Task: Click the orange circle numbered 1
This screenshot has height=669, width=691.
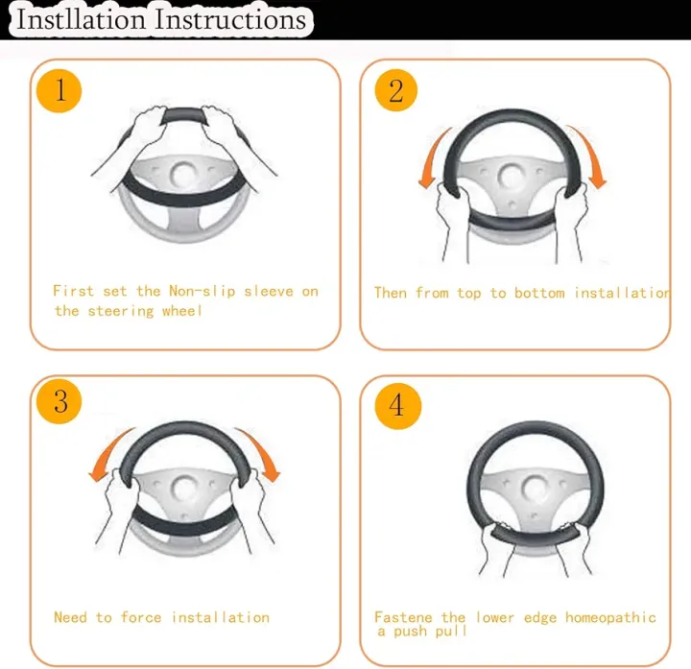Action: click(x=60, y=91)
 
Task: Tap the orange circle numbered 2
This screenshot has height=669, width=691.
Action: click(x=395, y=90)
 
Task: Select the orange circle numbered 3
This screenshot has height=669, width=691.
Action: click(x=60, y=401)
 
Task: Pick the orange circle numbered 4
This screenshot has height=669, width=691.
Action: click(x=397, y=405)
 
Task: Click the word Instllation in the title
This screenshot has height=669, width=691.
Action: click(x=81, y=19)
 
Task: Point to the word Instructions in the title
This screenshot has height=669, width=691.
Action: click(x=230, y=20)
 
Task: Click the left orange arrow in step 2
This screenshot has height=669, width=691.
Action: click(x=434, y=159)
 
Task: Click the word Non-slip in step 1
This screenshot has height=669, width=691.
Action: click(x=203, y=292)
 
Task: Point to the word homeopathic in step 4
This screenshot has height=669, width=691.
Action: click(x=610, y=617)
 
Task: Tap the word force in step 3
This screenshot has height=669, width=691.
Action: click(x=141, y=617)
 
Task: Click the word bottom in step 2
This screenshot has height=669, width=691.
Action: click(x=539, y=293)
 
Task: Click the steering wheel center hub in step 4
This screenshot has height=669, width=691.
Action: click(x=536, y=490)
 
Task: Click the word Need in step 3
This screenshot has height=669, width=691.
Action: click(x=70, y=617)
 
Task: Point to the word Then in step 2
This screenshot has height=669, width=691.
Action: click(x=391, y=293)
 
